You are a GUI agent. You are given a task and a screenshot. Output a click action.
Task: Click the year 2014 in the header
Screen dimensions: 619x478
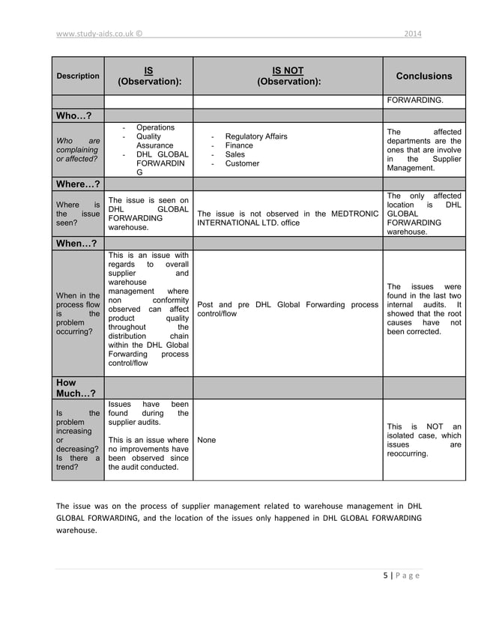(412, 33)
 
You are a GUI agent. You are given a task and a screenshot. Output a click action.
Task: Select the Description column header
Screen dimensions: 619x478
(78, 76)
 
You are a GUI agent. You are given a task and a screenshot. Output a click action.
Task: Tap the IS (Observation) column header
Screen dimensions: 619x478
(148, 76)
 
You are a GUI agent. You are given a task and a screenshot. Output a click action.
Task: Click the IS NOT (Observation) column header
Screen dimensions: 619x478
(288, 76)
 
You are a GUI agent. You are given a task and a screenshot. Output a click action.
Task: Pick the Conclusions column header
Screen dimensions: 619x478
(424, 76)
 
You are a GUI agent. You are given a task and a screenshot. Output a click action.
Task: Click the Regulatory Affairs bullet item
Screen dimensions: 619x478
(256, 136)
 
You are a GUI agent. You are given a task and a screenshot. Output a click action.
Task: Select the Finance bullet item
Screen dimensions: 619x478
(240, 145)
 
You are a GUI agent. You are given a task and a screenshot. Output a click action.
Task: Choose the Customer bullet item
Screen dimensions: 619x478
(242, 163)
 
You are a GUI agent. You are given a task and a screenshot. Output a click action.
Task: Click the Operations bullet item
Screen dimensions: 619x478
(155, 127)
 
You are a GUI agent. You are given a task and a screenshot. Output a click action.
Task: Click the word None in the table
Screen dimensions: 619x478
(208, 440)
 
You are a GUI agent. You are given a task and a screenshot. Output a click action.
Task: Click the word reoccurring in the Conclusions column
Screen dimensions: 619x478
(408, 453)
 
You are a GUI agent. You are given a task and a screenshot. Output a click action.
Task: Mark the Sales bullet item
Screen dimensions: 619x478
(236, 154)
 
